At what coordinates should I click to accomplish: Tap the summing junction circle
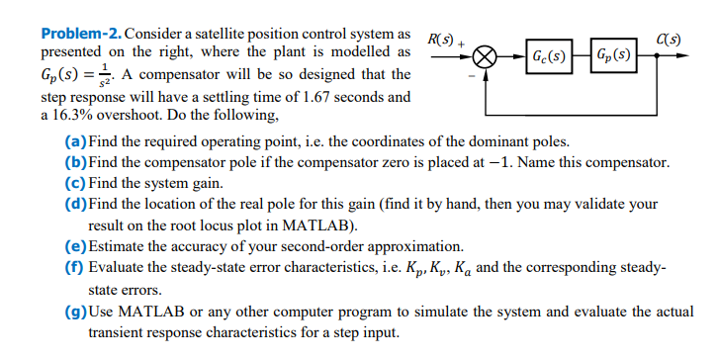(x=485, y=55)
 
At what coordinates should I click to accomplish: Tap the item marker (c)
(x=74, y=182)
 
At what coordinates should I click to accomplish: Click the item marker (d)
(x=74, y=203)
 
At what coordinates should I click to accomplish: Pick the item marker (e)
(x=74, y=246)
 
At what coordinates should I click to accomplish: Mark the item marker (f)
(x=73, y=267)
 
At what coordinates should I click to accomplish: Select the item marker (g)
(x=74, y=313)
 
